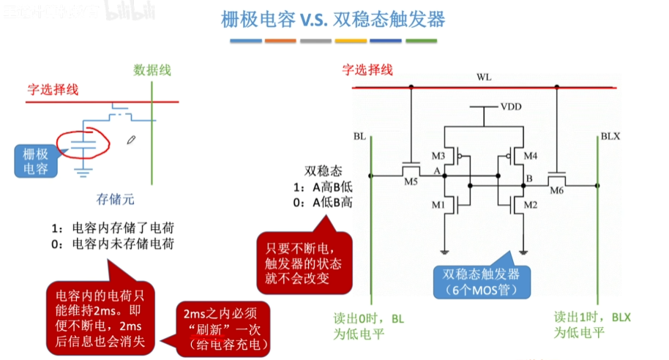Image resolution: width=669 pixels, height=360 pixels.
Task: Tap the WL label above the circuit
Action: pyautogui.click(x=484, y=77)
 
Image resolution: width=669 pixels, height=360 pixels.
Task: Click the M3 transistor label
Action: pyautogui.click(x=438, y=155)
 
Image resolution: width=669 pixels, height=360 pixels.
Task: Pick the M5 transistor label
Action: pyautogui.click(x=411, y=182)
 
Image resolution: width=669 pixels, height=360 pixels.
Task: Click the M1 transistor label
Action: pyautogui.click(x=438, y=205)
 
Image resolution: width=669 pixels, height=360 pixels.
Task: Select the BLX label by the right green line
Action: pyautogui.click(x=610, y=137)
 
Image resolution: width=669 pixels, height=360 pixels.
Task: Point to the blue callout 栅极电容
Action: pyautogui.click(x=34, y=161)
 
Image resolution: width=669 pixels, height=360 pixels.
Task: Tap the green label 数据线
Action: pyautogui.click(x=152, y=70)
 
